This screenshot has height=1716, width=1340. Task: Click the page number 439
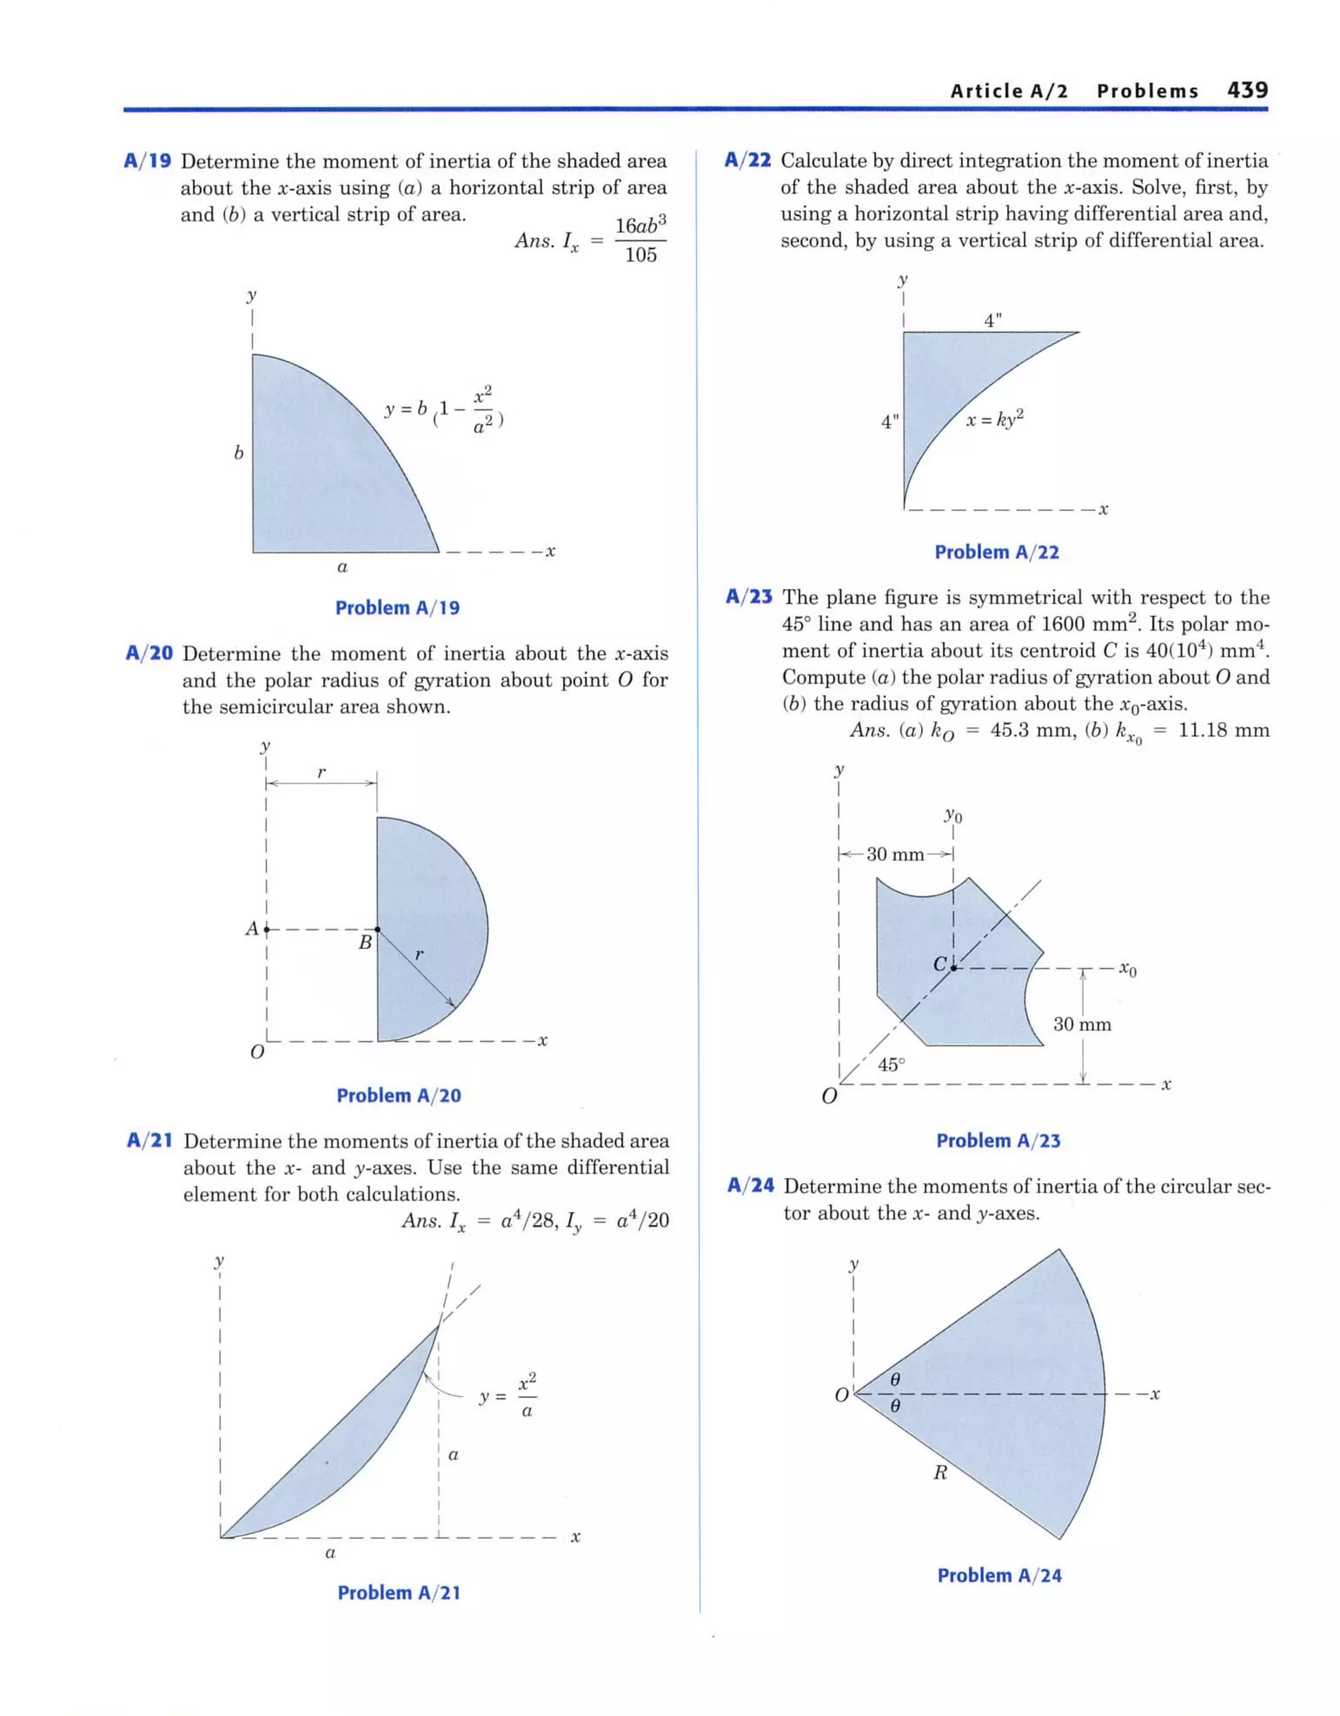pyautogui.click(x=1247, y=90)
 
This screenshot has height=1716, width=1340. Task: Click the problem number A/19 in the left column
pyautogui.click(x=148, y=162)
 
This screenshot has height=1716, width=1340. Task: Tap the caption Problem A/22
pyautogui.click(x=996, y=552)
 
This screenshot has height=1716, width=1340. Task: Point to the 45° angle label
pyautogui.click(x=890, y=1064)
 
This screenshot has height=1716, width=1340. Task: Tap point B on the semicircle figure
pyautogui.click(x=378, y=930)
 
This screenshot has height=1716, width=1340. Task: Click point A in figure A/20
pyautogui.click(x=266, y=930)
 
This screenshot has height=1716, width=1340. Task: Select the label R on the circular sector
pyautogui.click(x=940, y=1473)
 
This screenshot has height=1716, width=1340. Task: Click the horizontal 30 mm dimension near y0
pyautogui.click(x=894, y=854)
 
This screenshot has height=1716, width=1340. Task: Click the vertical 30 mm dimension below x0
pyautogui.click(x=1082, y=1024)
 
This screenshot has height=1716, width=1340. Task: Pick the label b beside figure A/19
pyautogui.click(x=238, y=453)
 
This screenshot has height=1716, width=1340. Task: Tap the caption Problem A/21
pyautogui.click(x=398, y=1592)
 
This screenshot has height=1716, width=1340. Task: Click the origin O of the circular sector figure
pyautogui.click(x=841, y=1395)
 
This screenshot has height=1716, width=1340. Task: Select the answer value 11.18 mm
pyautogui.click(x=1224, y=731)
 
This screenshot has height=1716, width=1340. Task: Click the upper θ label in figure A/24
pyautogui.click(x=894, y=1379)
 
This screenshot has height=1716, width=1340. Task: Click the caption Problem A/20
pyautogui.click(x=398, y=1095)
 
